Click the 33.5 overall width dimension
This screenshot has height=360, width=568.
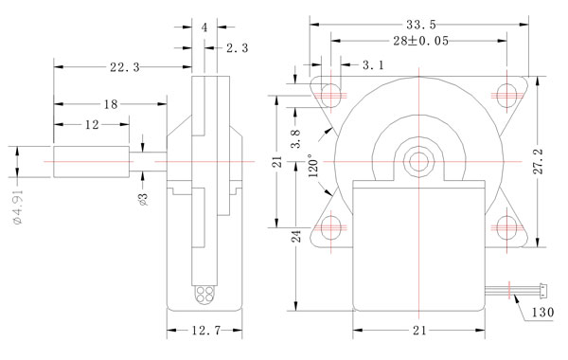(x=421, y=25)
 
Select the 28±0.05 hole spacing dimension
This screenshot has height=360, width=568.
(x=421, y=41)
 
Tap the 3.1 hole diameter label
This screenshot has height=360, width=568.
(x=373, y=65)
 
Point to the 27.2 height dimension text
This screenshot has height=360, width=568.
(x=539, y=161)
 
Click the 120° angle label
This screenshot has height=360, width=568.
(x=313, y=166)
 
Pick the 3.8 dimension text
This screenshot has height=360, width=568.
(x=296, y=138)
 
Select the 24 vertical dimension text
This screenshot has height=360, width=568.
(x=296, y=237)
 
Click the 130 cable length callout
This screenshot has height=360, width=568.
(x=542, y=312)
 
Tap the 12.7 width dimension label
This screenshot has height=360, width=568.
(x=205, y=331)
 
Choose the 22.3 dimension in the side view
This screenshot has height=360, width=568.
(x=125, y=67)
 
